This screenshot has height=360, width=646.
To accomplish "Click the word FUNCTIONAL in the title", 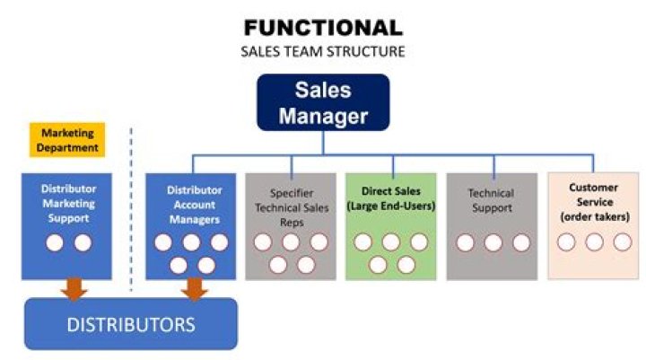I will (x=322, y=27).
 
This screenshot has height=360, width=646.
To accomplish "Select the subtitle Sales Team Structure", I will (x=322, y=51).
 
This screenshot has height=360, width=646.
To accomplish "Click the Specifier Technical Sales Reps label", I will (x=291, y=207).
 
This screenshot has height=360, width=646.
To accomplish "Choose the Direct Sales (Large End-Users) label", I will (x=391, y=198).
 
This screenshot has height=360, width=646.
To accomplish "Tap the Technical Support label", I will (x=491, y=200).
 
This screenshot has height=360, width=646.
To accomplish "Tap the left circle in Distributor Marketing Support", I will (x=54, y=242).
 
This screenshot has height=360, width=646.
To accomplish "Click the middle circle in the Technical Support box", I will (x=493, y=242).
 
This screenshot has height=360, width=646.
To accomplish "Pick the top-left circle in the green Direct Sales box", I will (x=362, y=242).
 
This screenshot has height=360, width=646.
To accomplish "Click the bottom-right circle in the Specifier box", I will (x=307, y=265).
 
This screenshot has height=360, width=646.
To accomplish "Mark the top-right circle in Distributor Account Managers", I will (x=220, y=242).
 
